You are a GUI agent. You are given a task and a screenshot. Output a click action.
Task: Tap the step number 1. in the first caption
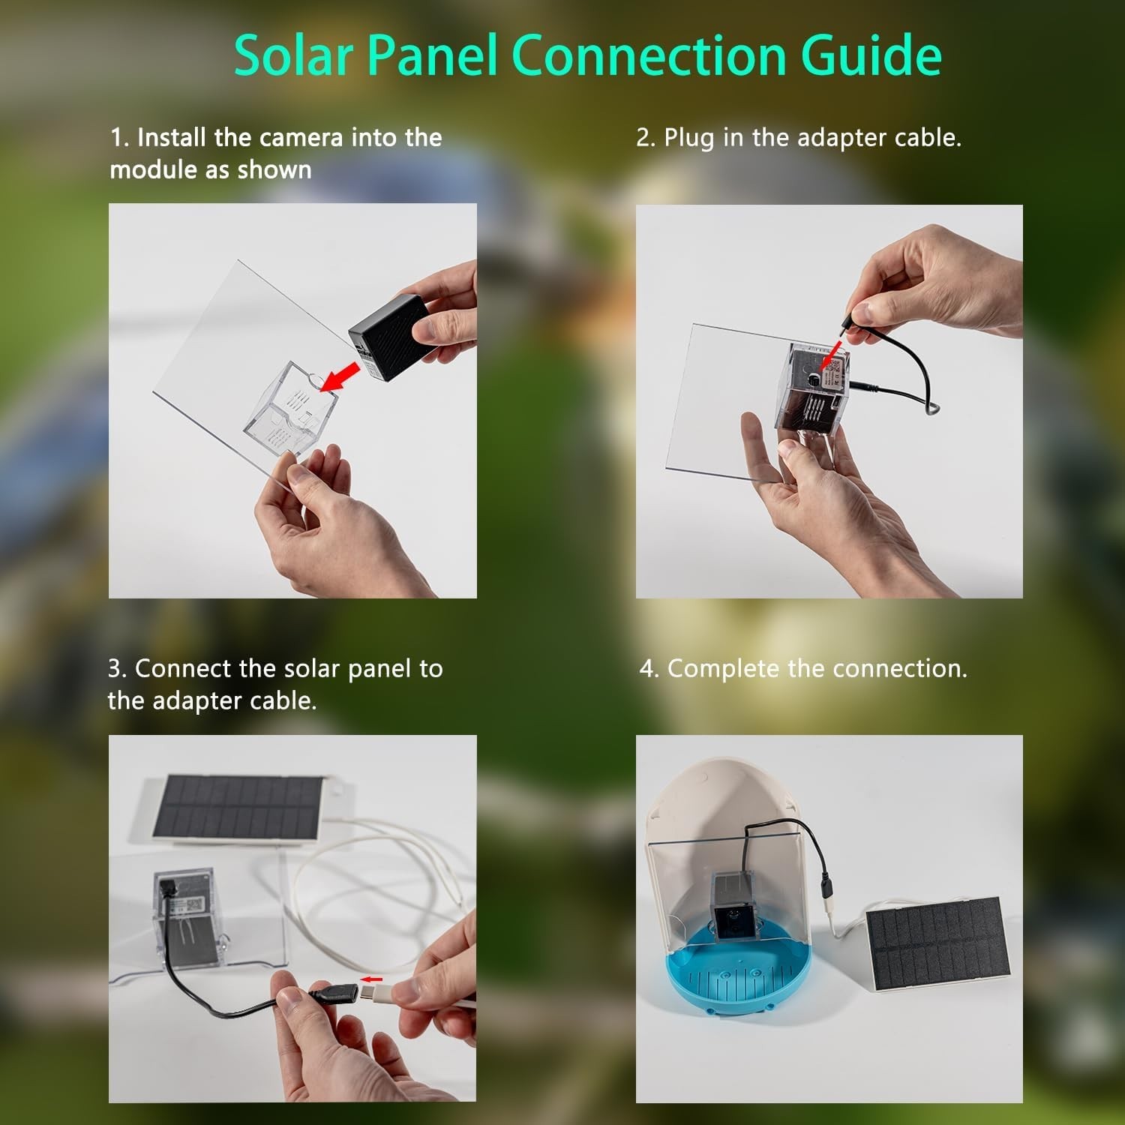pyautogui.click(x=120, y=138)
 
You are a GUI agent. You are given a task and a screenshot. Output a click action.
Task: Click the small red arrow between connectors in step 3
pyautogui.click(x=371, y=979)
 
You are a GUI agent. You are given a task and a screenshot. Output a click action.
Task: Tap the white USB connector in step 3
pyautogui.click(x=374, y=994)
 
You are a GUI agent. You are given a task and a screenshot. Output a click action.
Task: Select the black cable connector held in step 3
pyautogui.click(x=325, y=998)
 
